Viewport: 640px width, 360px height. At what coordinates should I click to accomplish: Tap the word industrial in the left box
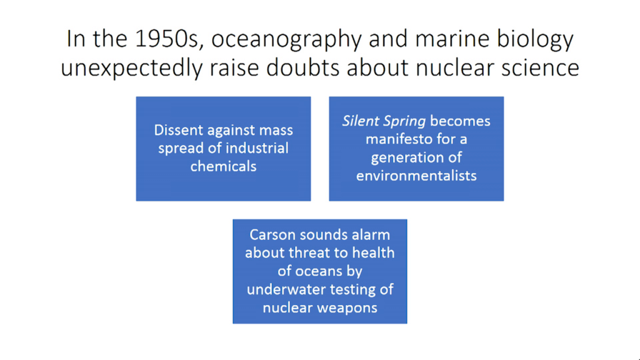tap(256, 148)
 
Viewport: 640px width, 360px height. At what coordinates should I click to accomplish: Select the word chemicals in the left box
tap(223, 166)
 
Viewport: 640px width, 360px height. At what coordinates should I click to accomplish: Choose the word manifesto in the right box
tap(399, 139)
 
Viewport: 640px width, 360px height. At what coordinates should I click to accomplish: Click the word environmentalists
tap(416, 176)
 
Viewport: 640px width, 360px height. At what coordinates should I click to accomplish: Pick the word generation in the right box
tap(409, 158)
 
